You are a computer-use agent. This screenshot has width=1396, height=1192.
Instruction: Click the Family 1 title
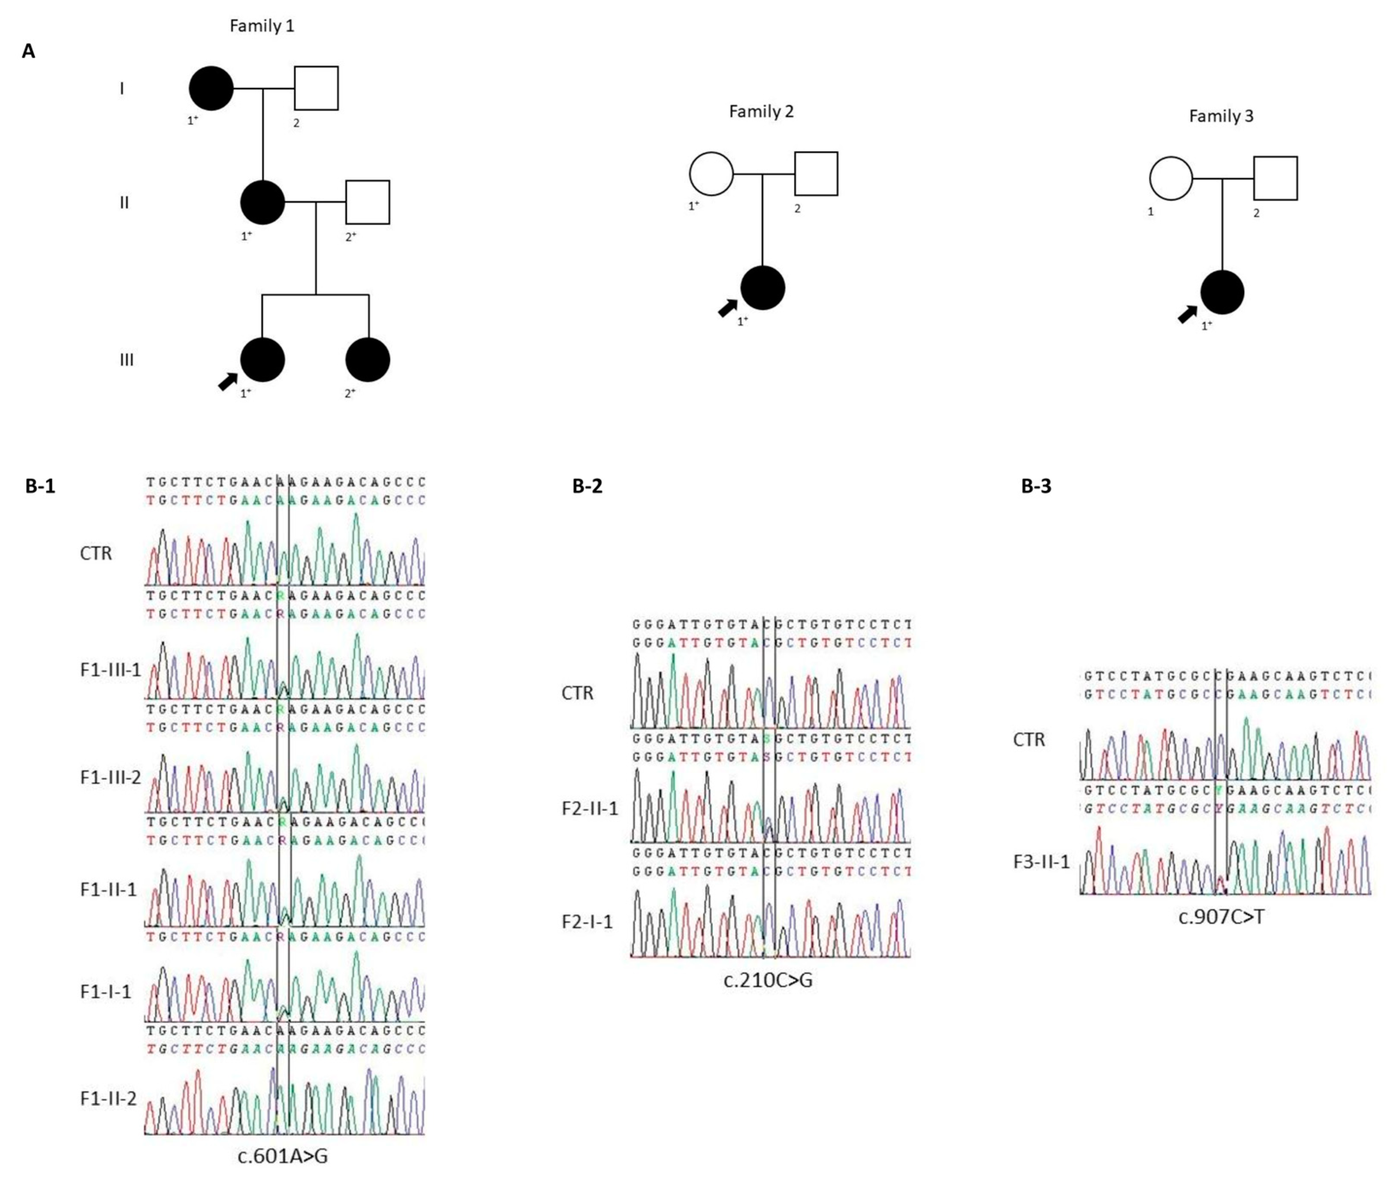pyautogui.click(x=262, y=26)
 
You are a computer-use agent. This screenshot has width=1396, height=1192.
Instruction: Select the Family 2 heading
pyautogui.click(x=761, y=112)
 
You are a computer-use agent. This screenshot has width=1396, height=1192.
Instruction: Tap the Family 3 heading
pyautogui.click(x=1221, y=117)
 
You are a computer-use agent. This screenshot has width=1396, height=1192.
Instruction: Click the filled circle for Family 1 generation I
pyautogui.click(x=211, y=88)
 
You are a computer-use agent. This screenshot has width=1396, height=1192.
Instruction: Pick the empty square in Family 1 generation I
pyautogui.click(x=316, y=88)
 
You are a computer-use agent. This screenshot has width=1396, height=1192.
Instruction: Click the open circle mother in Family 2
pyautogui.click(x=711, y=174)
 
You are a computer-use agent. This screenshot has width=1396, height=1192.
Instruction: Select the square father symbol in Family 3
pyautogui.click(x=1275, y=178)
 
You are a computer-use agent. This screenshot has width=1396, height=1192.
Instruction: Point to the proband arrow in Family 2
pyautogui.click(x=727, y=308)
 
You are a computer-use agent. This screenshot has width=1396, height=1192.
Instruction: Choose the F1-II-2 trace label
pyautogui.click(x=109, y=1099)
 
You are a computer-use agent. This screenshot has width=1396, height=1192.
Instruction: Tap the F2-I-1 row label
pyautogui.click(x=588, y=922)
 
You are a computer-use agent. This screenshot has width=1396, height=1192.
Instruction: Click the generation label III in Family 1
pyautogui.click(x=127, y=360)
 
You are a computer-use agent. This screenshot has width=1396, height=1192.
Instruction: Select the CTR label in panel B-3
pyautogui.click(x=1029, y=740)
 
